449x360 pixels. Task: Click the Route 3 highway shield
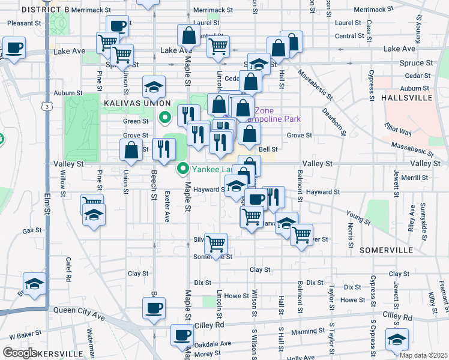coord(46,106)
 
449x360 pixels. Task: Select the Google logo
coord(20,352)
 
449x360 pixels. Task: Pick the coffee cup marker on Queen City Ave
coord(154,309)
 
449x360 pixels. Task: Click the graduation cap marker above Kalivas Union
coord(154,88)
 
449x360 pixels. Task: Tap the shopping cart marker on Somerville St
coord(215,244)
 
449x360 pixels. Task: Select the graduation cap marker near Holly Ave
coord(397,340)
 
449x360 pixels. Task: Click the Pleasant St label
coord(23,23)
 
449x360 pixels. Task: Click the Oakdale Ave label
coord(216,344)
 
